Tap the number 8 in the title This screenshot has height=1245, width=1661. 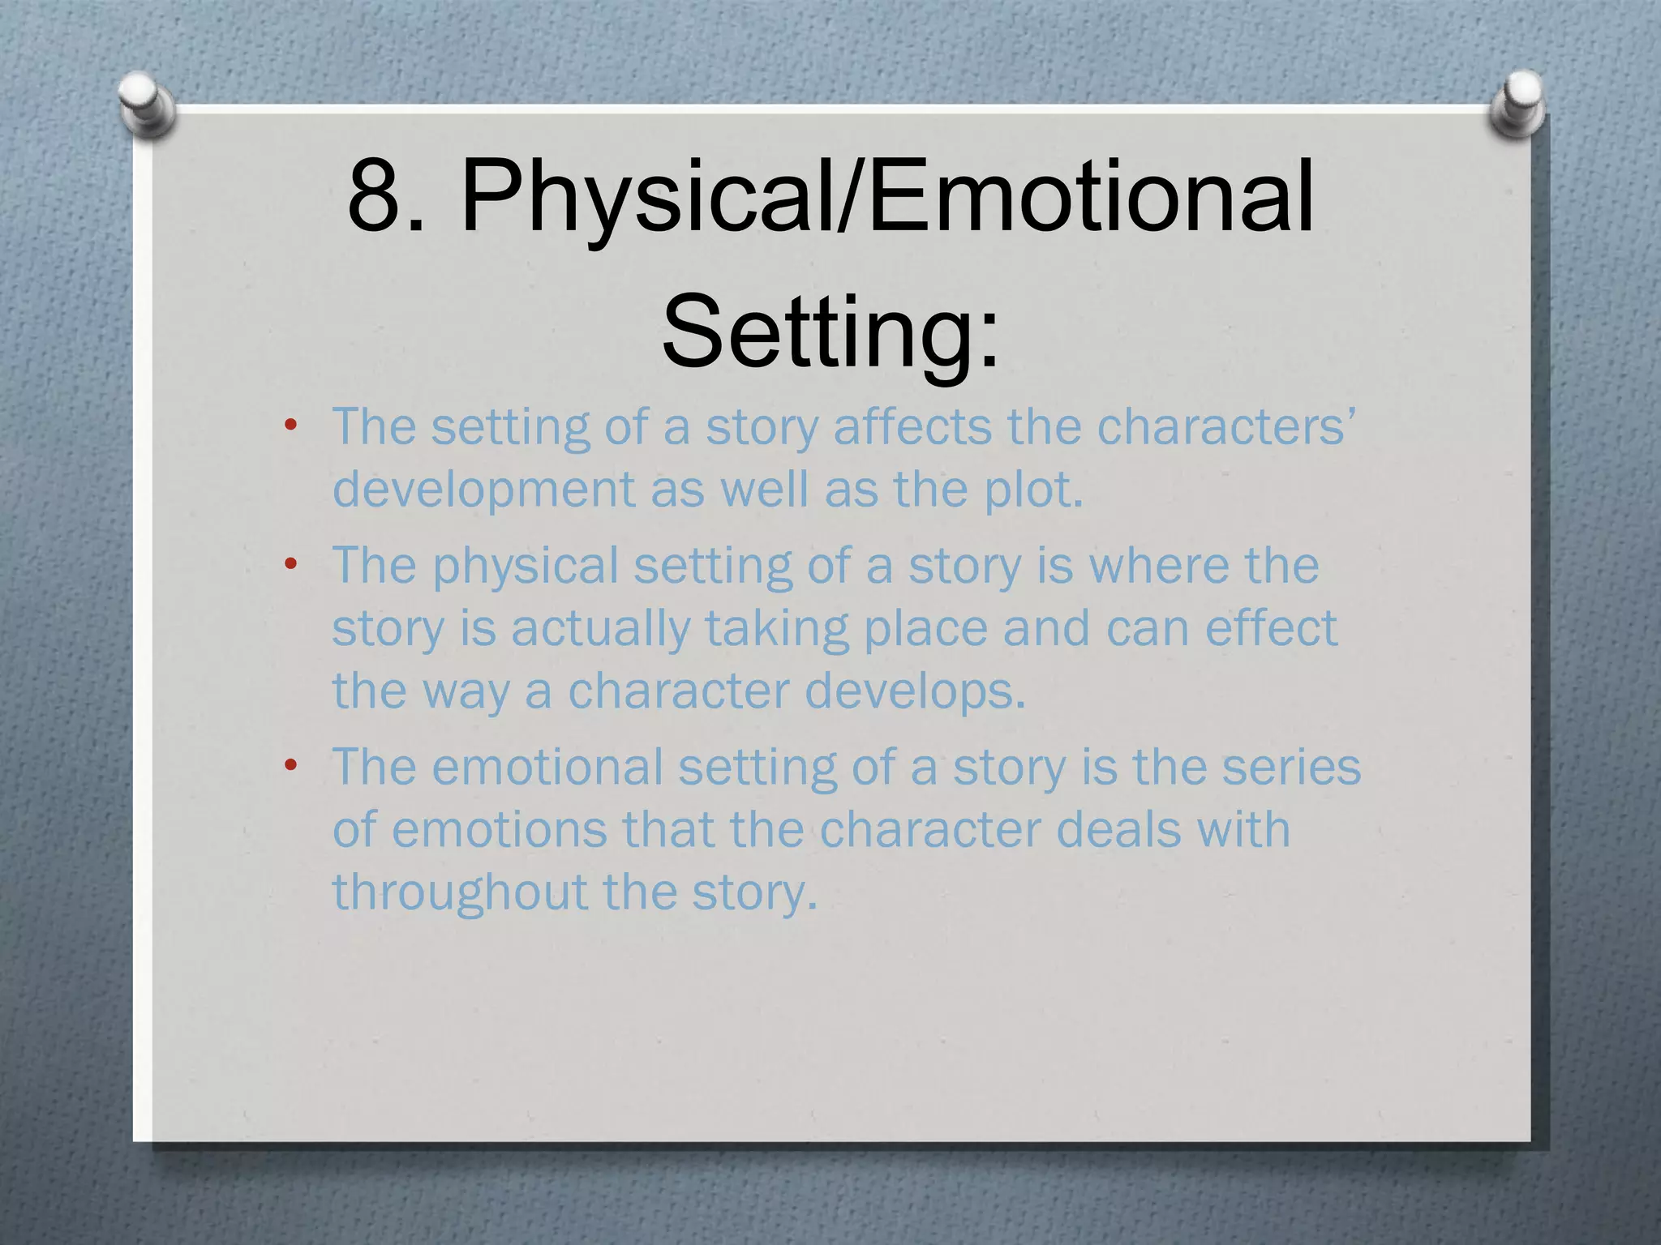[x=376, y=197]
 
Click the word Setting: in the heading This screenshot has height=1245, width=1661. [x=830, y=332]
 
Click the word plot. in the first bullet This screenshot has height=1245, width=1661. [x=1034, y=490]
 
